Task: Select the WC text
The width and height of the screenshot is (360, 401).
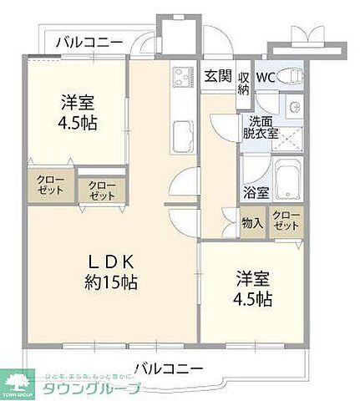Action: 266,77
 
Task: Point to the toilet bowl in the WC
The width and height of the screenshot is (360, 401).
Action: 292,76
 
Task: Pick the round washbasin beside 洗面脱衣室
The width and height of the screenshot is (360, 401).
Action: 293,106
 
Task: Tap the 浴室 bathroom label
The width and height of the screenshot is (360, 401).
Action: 256,192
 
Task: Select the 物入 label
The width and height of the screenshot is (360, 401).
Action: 252,223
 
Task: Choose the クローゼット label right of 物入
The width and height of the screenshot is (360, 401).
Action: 286,222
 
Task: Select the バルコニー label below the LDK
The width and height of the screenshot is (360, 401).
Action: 167,368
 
